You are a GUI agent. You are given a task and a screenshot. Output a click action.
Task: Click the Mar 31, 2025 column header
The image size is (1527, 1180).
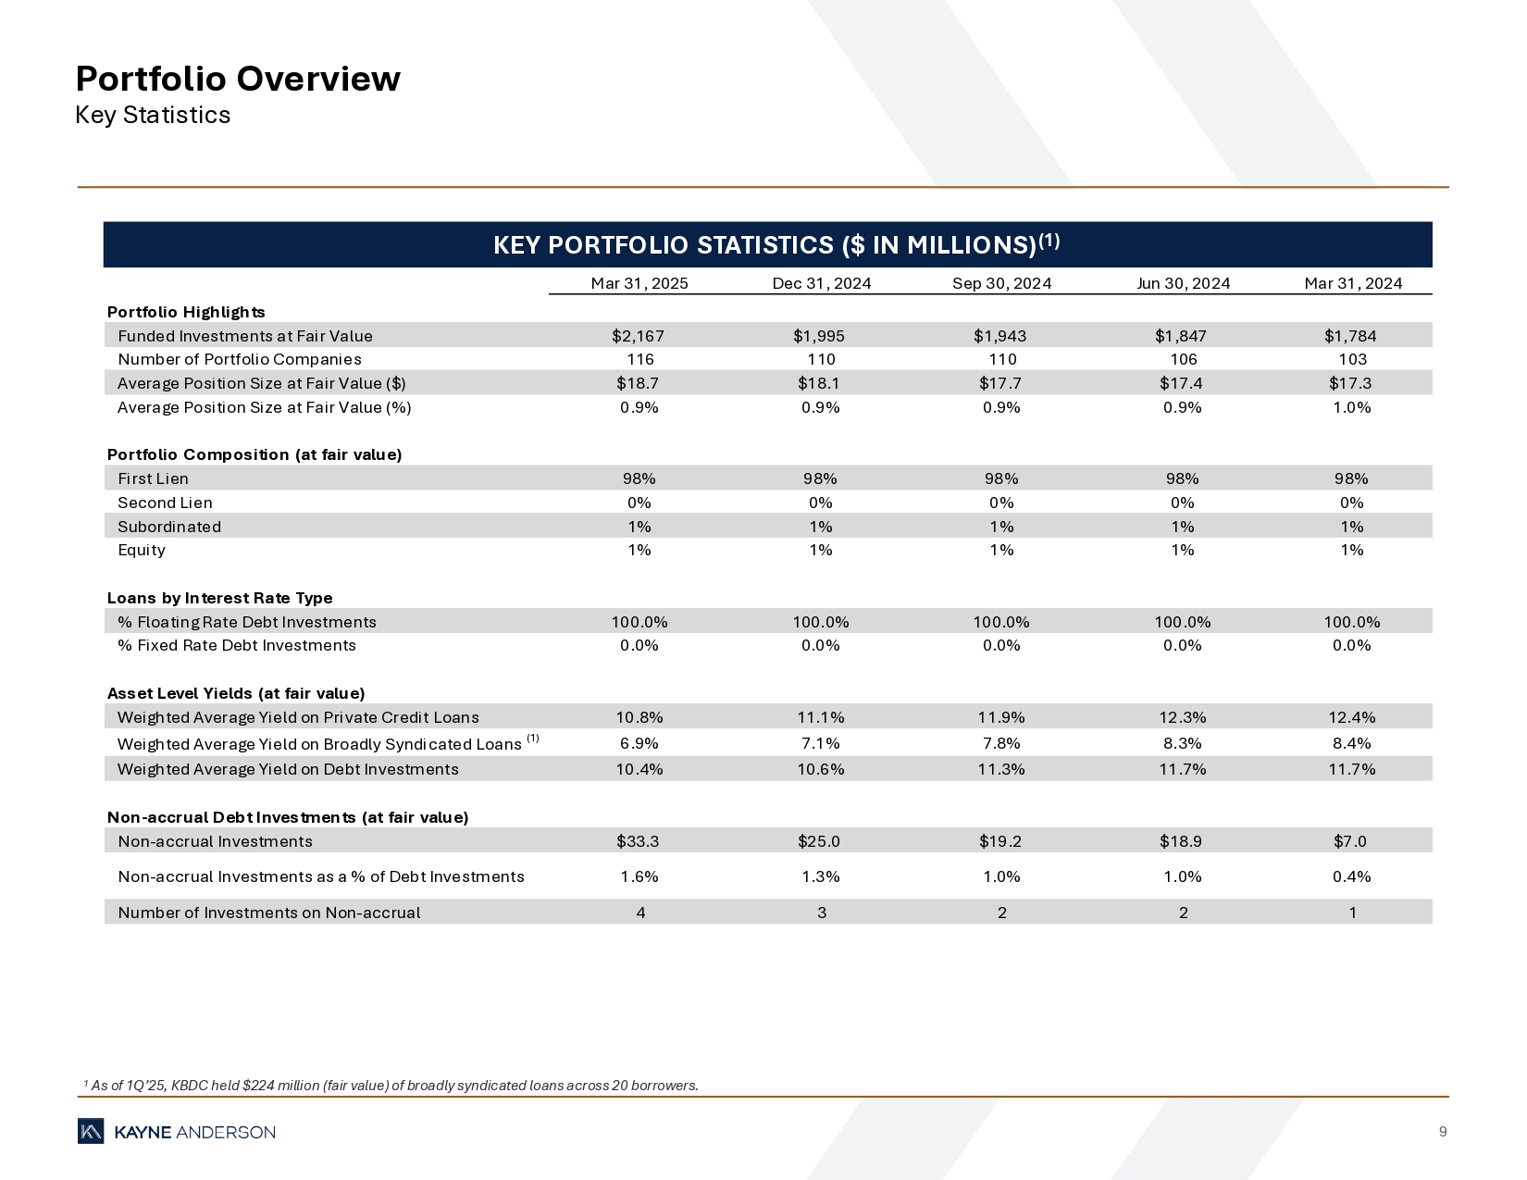coord(639,283)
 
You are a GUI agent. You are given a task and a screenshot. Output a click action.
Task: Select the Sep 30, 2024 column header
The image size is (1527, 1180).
coord(1001,283)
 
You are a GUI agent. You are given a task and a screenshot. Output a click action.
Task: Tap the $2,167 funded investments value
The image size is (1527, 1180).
coord(639,336)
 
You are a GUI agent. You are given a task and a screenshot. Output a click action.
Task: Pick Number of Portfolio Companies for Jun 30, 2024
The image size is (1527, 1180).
coord(1183,359)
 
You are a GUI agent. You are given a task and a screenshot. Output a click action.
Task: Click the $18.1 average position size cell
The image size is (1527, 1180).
coord(820,383)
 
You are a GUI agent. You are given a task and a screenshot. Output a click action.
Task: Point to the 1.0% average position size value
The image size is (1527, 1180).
coord(1351,407)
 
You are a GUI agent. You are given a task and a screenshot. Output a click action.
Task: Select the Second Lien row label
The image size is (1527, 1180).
coord(165,503)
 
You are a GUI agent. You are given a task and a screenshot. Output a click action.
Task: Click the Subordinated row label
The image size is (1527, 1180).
coord(169,527)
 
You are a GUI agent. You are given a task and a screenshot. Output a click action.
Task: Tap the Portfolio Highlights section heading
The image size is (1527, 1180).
coord(186,312)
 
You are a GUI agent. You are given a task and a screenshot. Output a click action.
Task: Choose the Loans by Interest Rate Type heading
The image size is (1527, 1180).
coord(220,598)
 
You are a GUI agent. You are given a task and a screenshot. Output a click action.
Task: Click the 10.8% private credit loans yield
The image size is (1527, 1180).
coord(639,717)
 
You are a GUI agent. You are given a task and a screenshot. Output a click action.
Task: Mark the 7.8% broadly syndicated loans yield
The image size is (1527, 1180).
coord(1001,743)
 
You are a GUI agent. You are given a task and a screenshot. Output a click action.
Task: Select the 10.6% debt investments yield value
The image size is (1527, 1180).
coord(820,769)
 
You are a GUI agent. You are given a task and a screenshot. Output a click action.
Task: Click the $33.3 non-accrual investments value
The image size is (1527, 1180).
coord(639,841)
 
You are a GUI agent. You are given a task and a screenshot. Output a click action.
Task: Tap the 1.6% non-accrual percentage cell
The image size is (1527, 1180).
coord(639,876)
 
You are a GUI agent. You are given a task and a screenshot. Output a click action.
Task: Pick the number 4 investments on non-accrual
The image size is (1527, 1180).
coord(640,913)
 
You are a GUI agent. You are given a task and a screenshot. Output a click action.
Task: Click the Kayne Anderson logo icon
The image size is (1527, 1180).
coord(91,1132)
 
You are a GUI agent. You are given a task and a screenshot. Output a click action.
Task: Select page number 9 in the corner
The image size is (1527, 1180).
coord(1443,1132)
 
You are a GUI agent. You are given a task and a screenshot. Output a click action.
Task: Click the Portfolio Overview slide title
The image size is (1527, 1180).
coord(238,79)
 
